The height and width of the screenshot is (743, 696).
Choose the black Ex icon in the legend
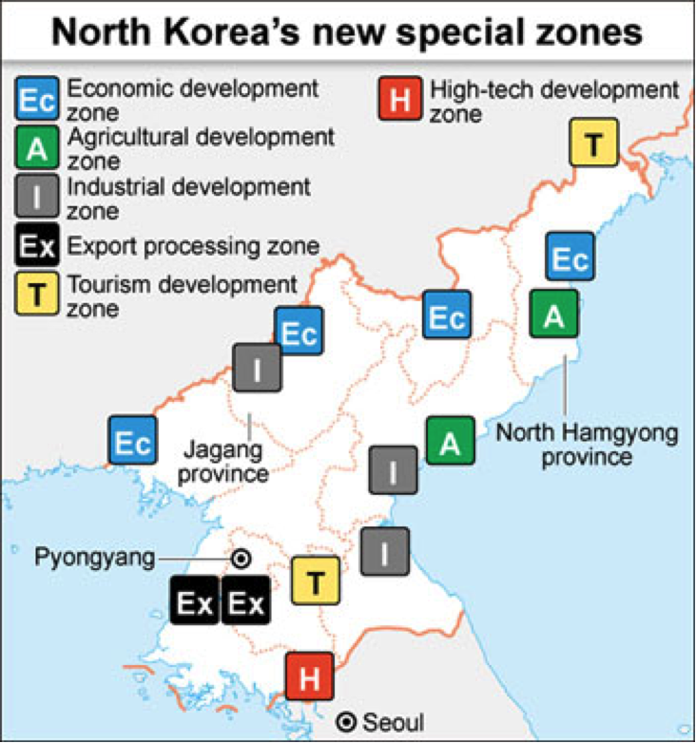point(37,247)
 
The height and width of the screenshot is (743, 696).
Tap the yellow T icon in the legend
point(37,294)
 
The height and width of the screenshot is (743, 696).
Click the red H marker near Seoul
point(310,677)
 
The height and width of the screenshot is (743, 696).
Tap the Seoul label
point(391,723)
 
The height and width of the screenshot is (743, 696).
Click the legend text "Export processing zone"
point(192,247)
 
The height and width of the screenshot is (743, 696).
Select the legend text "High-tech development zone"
point(554,102)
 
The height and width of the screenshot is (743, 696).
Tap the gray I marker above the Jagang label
point(257,369)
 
